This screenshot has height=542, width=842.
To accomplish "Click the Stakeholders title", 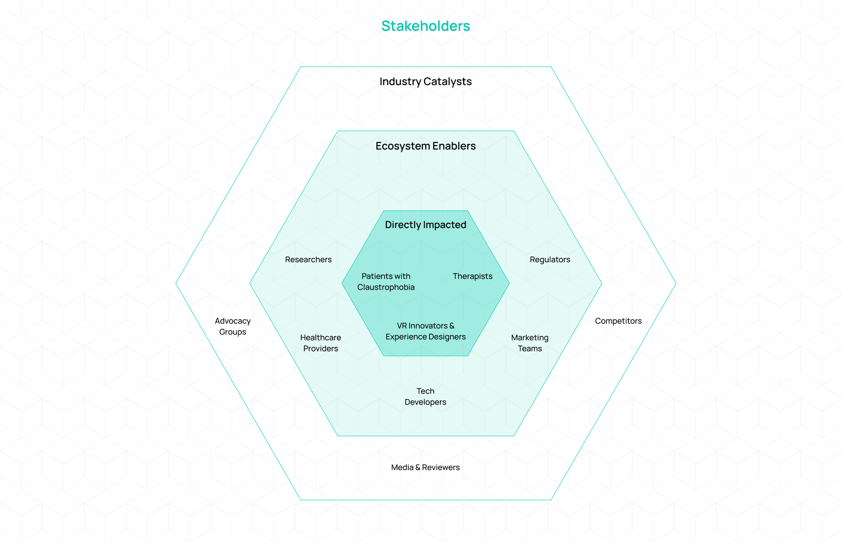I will tap(425, 26).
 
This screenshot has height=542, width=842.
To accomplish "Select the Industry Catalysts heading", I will tap(425, 82).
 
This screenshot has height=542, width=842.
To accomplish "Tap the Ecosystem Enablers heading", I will tap(425, 146).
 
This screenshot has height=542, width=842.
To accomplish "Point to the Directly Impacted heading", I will tap(425, 225).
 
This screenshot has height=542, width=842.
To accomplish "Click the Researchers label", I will tap(308, 260).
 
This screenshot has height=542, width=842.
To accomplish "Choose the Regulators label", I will tap(550, 260).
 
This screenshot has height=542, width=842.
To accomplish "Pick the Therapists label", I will tap(472, 276).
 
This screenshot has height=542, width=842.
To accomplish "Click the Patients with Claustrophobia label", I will tap(386, 282).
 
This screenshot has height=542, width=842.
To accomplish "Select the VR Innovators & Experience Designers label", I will tap(425, 331).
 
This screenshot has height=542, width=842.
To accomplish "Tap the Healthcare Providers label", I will tap(321, 343).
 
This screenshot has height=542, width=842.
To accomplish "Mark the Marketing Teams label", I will tap(530, 343).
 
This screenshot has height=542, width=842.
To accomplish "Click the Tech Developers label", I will tap(425, 396).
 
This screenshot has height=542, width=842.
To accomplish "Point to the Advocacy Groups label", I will tap(232, 326).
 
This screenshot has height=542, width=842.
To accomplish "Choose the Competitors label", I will tap(618, 321).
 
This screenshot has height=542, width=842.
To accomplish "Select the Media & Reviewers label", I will tap(425, 467).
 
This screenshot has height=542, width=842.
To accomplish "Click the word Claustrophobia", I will tap(386, 287).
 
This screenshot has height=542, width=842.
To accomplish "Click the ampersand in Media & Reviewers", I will tap(418, 467).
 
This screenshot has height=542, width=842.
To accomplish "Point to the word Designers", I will tap(445, 337).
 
